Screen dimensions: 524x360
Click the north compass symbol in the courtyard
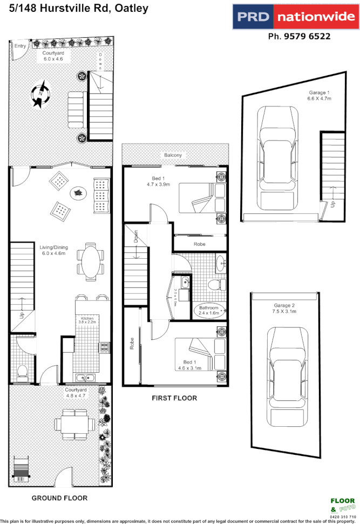(x=40, y=94)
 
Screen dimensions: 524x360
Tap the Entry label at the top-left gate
(x=20, y=46)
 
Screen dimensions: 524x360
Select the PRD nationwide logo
(x=295, y=17)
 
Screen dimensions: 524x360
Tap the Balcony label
(x=173, y=155)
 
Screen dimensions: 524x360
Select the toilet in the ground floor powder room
(x=23, y=372)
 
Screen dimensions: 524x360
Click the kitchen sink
(x=85, y=378)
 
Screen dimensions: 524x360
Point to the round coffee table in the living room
(x=79, y=192)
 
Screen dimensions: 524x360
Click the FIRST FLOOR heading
(x=174, y=398)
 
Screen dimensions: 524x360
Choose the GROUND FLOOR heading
(x=59, y=498)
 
